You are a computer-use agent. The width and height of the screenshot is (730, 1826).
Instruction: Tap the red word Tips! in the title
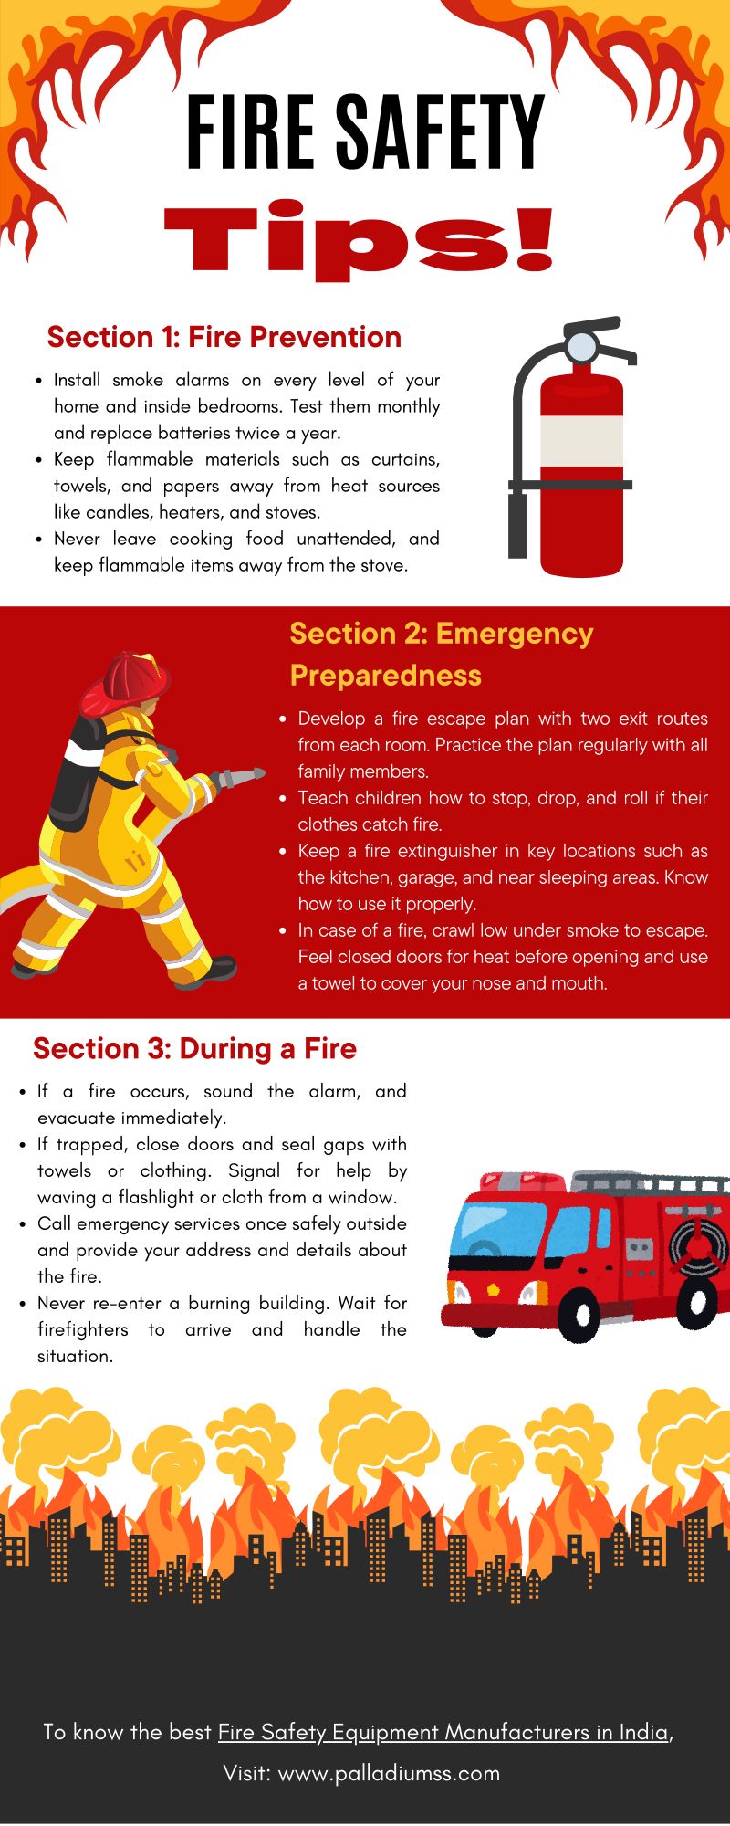[x=359, y=239]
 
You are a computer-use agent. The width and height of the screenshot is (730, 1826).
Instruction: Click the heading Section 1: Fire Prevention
[x=224, y=337]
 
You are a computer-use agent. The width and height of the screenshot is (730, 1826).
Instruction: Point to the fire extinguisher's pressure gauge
[x=581, y=346]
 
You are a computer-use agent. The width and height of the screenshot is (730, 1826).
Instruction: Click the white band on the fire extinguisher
[x=581, y=441]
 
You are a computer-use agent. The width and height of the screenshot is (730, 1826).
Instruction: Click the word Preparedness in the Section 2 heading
[x=385, y=676]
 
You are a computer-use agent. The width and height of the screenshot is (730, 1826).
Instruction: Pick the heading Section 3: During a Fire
[x=194, y=1048]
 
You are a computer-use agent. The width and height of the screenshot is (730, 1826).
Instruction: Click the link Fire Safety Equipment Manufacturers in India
[x=443, y=1732]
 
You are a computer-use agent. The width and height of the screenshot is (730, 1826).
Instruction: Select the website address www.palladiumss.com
[x=389, y=1773]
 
